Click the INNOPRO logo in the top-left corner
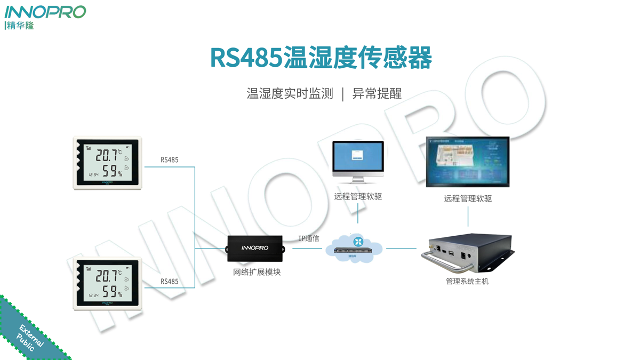45,12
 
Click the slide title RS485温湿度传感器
321,58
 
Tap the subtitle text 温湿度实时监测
290,94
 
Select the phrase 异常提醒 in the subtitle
377,94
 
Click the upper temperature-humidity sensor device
108,163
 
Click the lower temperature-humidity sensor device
108,284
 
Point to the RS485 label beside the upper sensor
170,160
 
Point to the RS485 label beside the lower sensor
170,281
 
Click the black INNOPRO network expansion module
255,249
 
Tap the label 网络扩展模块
257,272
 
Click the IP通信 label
308,238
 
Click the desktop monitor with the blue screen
358,161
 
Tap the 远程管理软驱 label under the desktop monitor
358,197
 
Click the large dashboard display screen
468,162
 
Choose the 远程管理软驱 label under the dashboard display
468,198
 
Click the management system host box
468,253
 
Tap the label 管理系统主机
467,281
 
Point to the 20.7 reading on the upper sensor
107,155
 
